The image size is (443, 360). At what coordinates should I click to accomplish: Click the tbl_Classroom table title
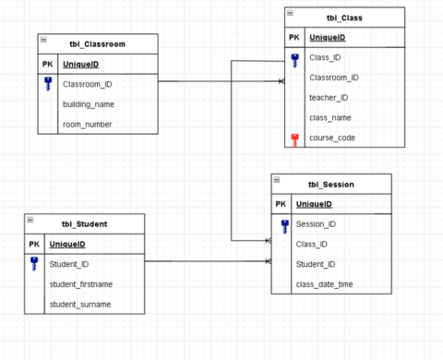point(97,44)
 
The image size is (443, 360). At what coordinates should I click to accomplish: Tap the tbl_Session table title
point(330,184)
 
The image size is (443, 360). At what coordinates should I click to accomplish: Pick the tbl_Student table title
point(84,224)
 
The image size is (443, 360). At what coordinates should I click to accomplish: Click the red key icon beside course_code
point(294,138)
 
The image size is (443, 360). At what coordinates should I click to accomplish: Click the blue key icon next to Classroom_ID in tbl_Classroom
point(48,84)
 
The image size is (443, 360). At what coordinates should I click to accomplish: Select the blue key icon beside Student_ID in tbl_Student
point(35,264)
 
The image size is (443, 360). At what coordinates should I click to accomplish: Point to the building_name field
point(89,104)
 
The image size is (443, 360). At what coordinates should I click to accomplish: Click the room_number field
point(88,124)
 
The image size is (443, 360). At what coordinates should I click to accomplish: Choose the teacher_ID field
point(328,98)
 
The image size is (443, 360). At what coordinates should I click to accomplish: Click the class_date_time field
point(324,284)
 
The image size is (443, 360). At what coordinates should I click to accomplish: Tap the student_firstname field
point(80,284)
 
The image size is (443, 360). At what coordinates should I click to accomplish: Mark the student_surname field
point(79,304)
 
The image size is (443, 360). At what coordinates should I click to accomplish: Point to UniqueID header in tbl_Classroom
point(80,65)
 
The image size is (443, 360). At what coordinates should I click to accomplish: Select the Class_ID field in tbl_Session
point(312,244)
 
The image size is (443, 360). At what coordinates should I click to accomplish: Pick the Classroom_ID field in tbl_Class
point(333,78)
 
